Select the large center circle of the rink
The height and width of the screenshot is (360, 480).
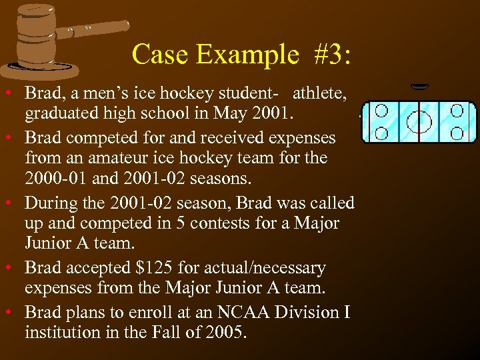pyautogui.click(x=419, y=121)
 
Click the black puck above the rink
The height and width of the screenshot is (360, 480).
pyautogui.click(x=420, y=86)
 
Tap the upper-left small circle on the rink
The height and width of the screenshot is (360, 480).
pyautogui.click(x=382, y=109)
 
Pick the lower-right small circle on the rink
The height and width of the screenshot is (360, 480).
pyautogui.click(x=457, y=132)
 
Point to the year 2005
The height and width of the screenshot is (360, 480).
pyautogui.click(x=223, y=331)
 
